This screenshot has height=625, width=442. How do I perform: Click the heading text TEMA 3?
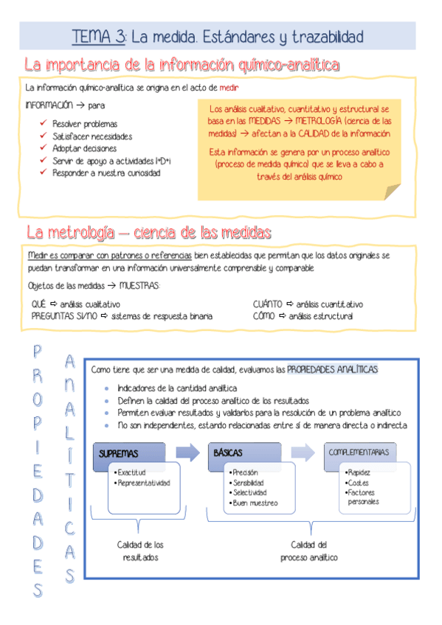(98, 35)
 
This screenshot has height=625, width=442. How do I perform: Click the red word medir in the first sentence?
(229, 88)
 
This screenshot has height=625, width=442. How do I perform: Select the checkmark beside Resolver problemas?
(44, 124)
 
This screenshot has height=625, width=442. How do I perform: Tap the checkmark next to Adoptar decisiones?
(44, 148)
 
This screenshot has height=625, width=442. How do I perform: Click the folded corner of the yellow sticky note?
(392, 192)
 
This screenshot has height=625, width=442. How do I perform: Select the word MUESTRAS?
(139, 286)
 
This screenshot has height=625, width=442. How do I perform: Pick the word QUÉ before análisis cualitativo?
(38, 304)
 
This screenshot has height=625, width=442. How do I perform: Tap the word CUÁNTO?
(268, 304)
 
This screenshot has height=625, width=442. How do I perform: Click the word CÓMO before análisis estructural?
(264, 316)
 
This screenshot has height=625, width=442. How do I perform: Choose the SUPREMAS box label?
(120, 454)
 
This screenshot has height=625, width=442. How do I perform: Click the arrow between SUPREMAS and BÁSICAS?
(187, 452)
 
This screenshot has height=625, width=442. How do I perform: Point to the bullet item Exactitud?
(132, 472)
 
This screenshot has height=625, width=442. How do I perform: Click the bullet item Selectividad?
(249, 492)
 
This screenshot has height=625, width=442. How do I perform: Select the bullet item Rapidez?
(359, 472)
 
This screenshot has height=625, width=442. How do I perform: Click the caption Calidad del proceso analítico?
(308, 551)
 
